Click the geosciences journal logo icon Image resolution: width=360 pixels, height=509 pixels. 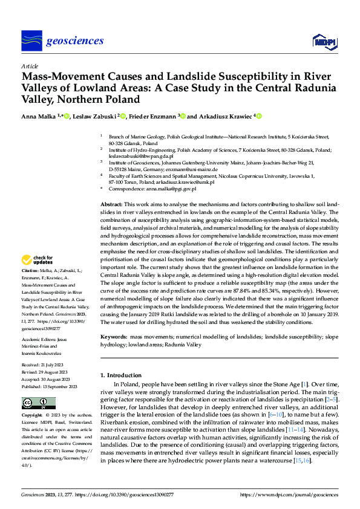point(31,41)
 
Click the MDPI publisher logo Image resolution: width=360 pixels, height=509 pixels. point(322,41)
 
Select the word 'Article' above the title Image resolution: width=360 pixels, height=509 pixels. point(29,66)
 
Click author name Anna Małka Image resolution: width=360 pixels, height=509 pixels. point(39,116)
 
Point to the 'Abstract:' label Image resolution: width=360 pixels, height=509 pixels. point(111,206)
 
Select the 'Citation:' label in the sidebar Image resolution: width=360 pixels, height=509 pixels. point(30,270)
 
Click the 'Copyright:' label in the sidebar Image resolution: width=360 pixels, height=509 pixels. point(33,416)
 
